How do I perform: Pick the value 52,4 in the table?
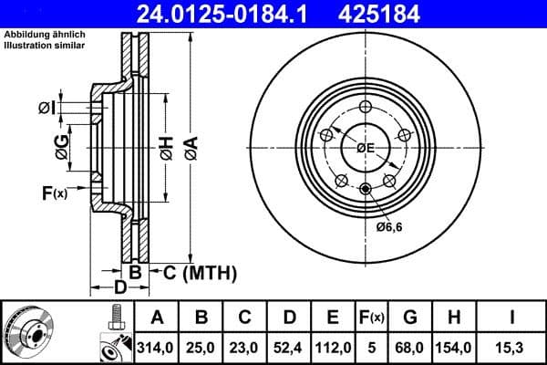click(289, 348)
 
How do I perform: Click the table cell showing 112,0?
click(333, 348)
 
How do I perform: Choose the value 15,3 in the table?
click(511, 348)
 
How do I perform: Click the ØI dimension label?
click(48, 109)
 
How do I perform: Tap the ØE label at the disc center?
click(366, 148)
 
